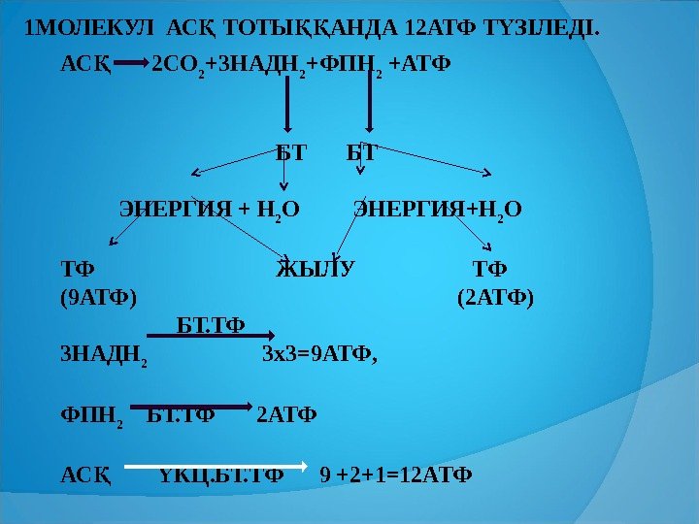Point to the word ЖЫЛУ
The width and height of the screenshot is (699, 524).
pos(316,268)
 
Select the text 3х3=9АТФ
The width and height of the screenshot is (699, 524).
pos(320,352)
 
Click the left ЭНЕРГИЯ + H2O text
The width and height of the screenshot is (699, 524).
pos(209,208)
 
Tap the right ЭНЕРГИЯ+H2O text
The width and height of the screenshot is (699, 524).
pos(437,208)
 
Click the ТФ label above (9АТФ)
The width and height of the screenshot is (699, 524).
pos(74,268)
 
